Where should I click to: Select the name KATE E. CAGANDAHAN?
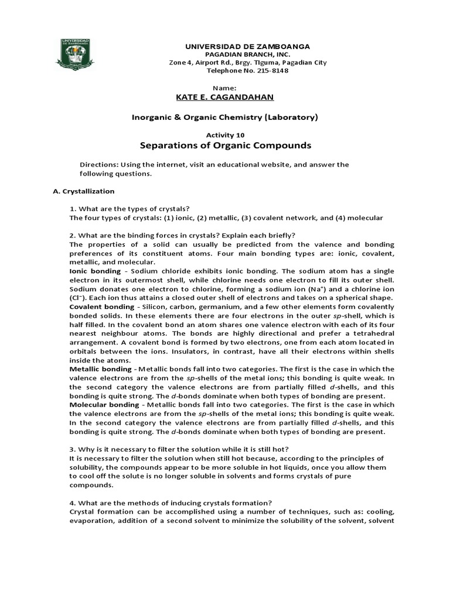225,97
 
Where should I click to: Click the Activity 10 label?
224,134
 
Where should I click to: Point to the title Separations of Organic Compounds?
225,145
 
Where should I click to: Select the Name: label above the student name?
224,87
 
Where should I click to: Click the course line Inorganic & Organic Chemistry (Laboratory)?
224,117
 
